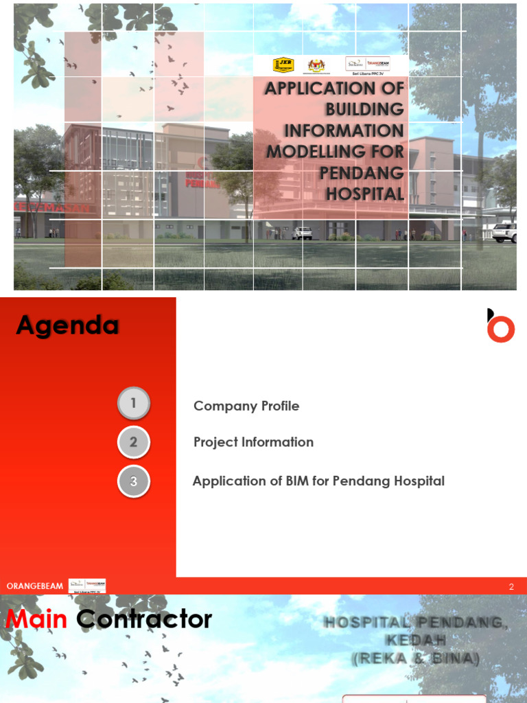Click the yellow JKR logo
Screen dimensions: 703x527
click(283, 65)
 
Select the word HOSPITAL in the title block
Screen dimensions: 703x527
click(365, 194)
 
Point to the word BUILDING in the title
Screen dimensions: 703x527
click(364, 109)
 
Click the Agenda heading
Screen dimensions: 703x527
click(67, 325)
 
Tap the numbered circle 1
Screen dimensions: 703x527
click(133, 404)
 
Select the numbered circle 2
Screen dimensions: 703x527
click(133, 442)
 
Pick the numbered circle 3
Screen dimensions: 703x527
click(133, 481)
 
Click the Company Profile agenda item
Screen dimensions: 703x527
click(246, 406)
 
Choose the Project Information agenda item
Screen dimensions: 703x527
click(253, 442)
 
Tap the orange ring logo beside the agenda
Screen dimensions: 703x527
click(501, 328)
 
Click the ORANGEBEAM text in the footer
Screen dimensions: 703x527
click(35, 586)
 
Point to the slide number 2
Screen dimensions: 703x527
click(511, 586)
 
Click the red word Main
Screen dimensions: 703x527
click(36, 619)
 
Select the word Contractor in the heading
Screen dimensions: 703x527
click(144, 619)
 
